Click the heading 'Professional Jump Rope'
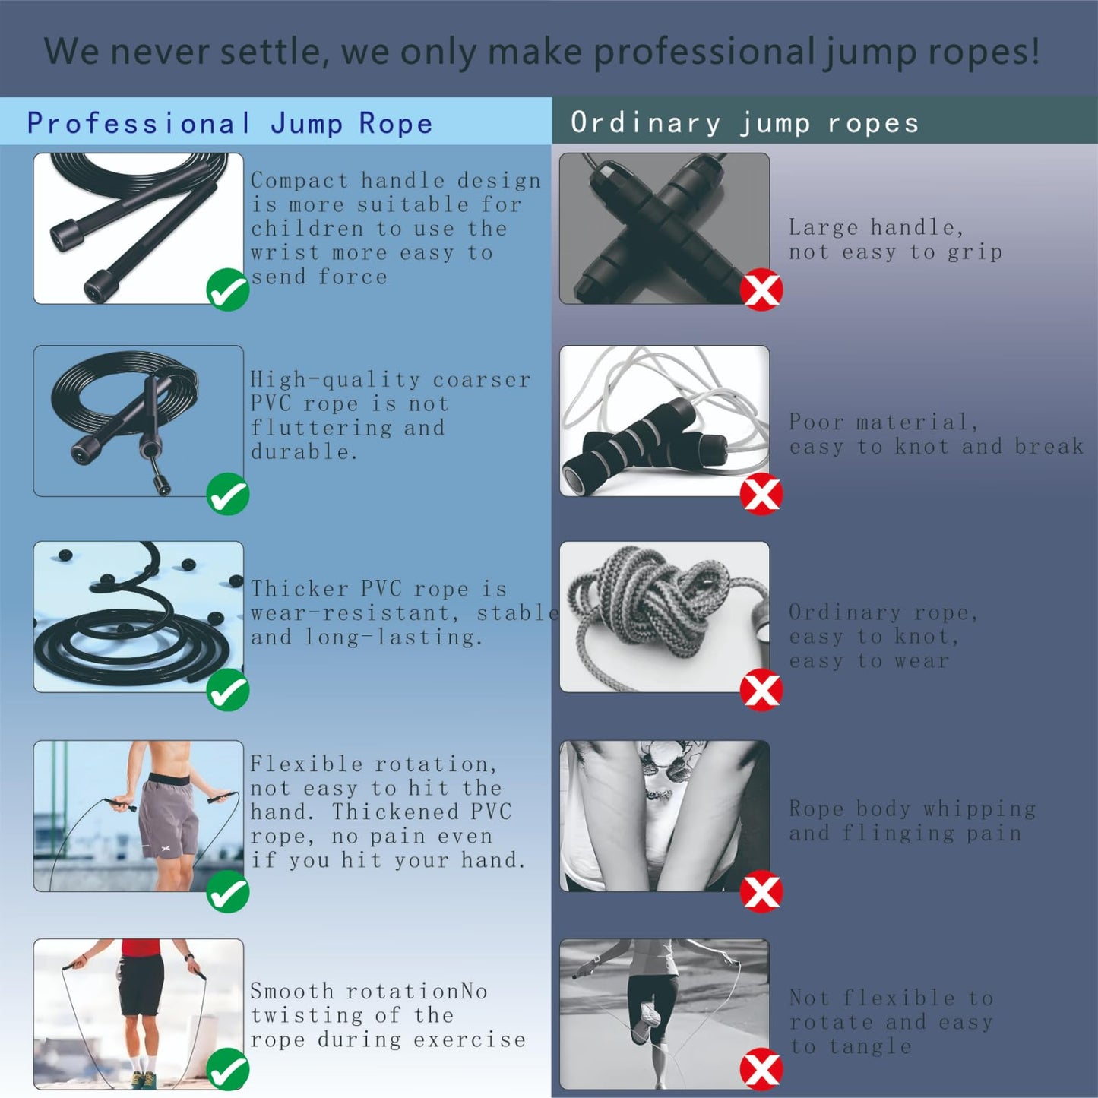point(229,123)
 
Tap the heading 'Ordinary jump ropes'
point(745,123)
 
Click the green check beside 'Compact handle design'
point(228,290)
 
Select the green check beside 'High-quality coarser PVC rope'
point(228,494)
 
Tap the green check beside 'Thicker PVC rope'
point(228,690)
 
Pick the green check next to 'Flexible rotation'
point(228,891)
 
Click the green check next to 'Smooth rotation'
point(228,1069)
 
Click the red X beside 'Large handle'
point(761,290)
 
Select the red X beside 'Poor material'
point(761,494)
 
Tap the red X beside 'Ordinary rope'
point(761,690)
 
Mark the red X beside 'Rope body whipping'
point(761,891)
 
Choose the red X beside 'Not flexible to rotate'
point(761,1069)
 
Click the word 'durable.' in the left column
point(304,452)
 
